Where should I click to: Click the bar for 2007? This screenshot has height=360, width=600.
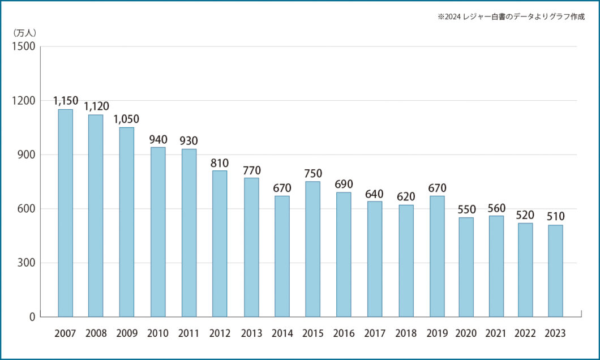65,213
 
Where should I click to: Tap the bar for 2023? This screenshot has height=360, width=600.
555,271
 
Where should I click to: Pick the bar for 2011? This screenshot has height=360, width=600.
189,233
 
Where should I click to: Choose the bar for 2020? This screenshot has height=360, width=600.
466,267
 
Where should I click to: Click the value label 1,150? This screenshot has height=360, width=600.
65,101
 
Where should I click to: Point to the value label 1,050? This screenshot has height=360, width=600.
126,119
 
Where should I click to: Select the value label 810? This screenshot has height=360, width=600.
220,162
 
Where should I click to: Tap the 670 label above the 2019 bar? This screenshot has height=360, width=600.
437,187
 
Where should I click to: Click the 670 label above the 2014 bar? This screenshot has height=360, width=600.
282,187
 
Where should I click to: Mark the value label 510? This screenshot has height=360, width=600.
555,216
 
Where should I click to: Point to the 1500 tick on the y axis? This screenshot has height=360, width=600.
24,46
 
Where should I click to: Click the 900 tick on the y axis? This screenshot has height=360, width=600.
27,155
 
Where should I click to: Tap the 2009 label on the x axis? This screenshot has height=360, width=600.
127,334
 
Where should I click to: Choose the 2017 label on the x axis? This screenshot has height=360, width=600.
374,334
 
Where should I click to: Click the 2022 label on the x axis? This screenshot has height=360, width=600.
525,334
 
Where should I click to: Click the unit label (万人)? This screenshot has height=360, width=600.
25,33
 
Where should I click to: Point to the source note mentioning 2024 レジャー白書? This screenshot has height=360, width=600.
511,17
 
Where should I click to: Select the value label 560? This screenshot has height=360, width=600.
496,207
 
